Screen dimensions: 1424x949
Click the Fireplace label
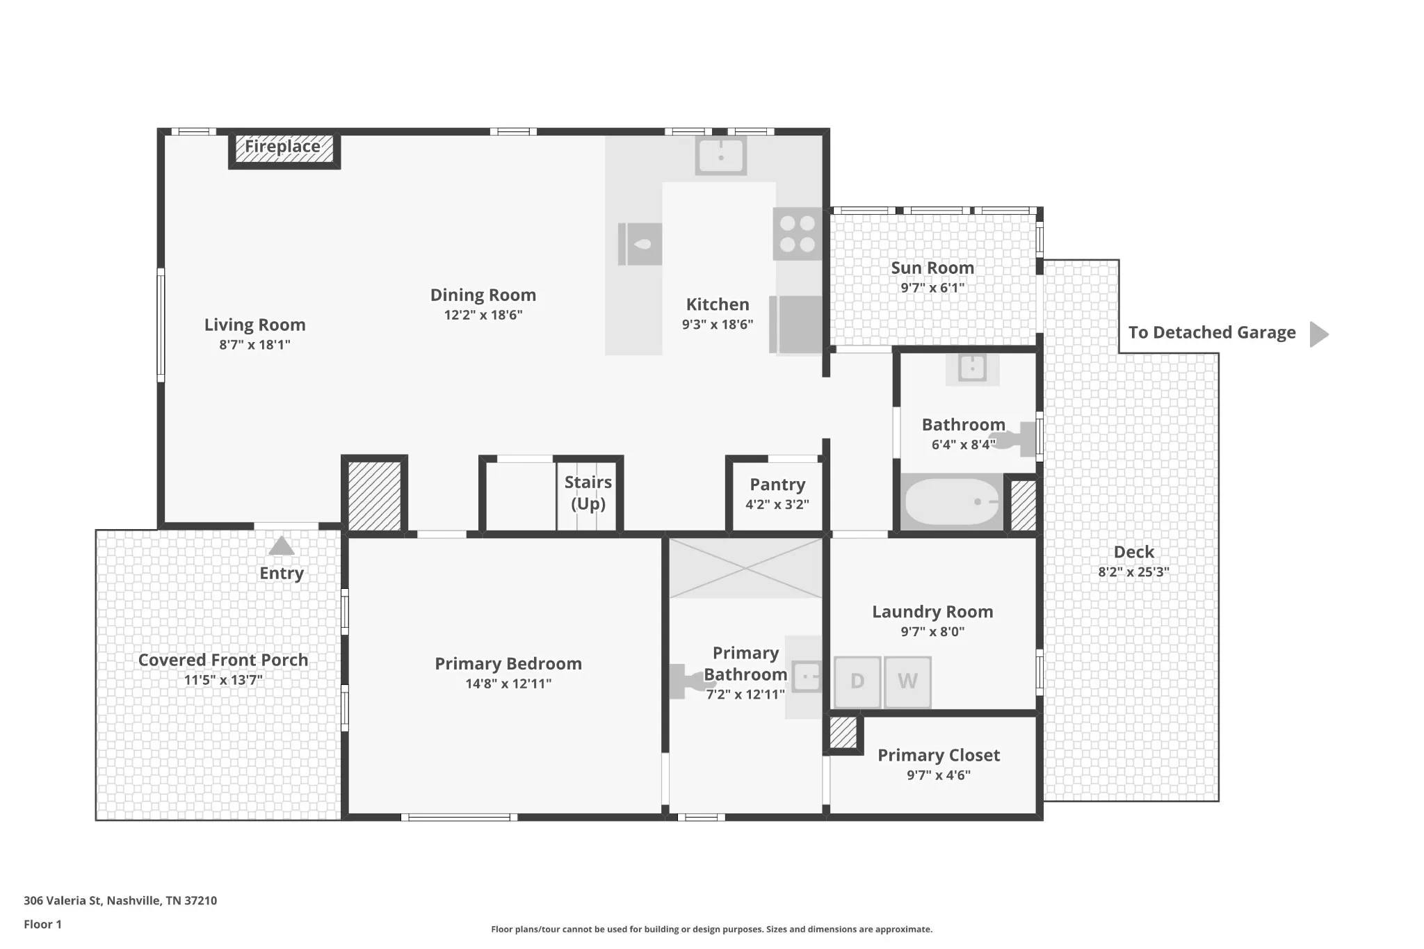pyautogui.click(x=282, y=147)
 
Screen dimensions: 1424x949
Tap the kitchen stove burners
pyautogui.click(x=798, y=234)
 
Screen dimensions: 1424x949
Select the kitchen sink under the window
pyautogui.click(x=721, y=155)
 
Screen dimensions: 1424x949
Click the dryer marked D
pyautogui.click(x=857, y=681)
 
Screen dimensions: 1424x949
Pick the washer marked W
pyautogui.click(x=907, y=681)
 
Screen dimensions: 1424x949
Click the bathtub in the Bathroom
pyautogui.click(x=952, y=501)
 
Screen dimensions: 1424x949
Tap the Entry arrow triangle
pyautogui.click(x=282, y=546)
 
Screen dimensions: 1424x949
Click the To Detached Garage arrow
pyautogui.click(x=1319, y=334)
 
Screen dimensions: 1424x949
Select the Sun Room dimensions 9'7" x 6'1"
pyautogui.click(x=932, y=288)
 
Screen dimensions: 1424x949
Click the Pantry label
pyautogui.click(x=777, y=485)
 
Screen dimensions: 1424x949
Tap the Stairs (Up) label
pyautogui.click(x=588, y=493)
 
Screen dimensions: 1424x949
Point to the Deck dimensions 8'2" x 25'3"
pyautogui.click(x=1134, y=572)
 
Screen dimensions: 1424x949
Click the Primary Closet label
pyautogui.click(x=939, y=755)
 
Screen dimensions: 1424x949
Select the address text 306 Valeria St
pyautogui.click(x=63, y=900)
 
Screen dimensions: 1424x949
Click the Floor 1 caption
pyautogui.click(x=42, y=924)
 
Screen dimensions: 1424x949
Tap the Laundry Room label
pyautogui.click(x=932, y=612)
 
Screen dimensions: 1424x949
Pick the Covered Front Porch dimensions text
pyautogui.click(x=223, y=680)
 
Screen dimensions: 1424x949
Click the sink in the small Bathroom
pyautogui.click(x=972, y=368)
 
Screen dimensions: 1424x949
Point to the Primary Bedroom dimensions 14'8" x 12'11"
pyautogui.click(x=508, y=683)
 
